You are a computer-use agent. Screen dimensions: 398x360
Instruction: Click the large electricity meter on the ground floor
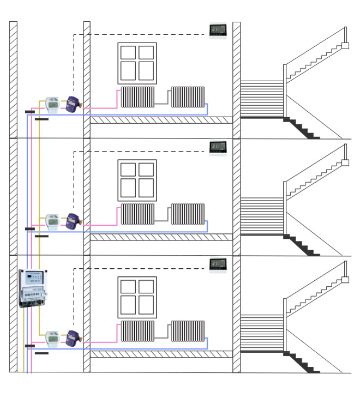(32, 288)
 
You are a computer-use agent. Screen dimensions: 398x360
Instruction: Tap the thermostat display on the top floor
(218, 29)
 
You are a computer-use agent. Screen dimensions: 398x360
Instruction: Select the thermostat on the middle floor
(218, 147)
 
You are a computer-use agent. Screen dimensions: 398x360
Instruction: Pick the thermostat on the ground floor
(218, 264)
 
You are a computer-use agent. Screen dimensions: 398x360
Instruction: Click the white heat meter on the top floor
(53, 104)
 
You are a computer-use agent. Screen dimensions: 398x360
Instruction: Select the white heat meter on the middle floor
(53, 221)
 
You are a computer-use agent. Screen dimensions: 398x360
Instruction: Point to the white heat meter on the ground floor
(53, 338)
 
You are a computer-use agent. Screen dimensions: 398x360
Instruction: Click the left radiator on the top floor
(138, 97)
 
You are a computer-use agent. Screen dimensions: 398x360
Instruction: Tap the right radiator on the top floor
(188, 97)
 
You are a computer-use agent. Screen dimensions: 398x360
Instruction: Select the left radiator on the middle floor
(138, 214)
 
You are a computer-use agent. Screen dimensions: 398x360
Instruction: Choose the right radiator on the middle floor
(188, 214)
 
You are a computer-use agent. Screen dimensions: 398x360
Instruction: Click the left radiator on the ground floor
(138, 331)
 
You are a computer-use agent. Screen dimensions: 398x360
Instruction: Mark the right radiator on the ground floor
(188, 331)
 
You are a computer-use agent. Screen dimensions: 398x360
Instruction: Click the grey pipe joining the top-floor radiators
(163, 103)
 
